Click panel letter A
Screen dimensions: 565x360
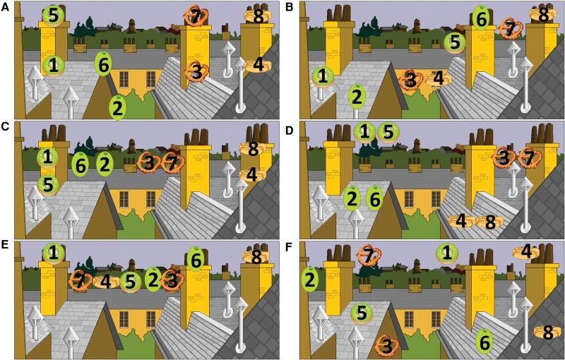[5, 6]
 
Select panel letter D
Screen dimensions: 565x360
[290, 130]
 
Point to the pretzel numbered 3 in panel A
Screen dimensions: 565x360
[196, 71]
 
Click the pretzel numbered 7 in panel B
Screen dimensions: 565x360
[511, 28]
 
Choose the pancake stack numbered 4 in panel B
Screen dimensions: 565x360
[438, 78]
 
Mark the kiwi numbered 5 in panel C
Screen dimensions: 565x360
[48, 185]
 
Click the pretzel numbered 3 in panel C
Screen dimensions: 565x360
[148, 163]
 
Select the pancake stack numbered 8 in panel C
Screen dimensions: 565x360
[253, 149]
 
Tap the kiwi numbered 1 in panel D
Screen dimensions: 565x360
[364, 132]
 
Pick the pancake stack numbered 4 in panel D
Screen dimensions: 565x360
[461, 222]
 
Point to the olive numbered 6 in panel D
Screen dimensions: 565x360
[375, 199]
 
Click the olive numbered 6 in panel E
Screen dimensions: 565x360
[196, 260]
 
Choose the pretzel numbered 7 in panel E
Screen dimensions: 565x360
[80, 281]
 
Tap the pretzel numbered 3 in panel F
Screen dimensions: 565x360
[386, 346]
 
